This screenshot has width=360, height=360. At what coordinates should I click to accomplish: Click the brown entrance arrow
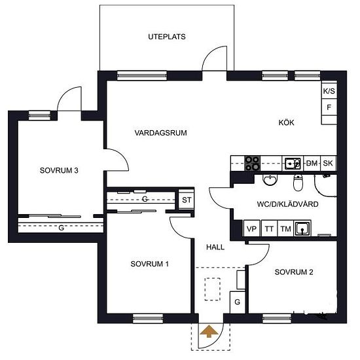pyautogui.click(x=209, y=331)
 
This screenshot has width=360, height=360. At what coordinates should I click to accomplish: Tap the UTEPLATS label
pyautogui.click(x=167, y=37)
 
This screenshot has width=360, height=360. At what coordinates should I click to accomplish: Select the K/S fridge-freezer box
pyautogui.click(x=329, y=91)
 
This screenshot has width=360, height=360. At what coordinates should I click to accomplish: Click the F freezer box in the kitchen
pyautogui.click(x=329, y=107)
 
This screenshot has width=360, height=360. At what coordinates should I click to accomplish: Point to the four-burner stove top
pyautogui.click(x=252, y=163)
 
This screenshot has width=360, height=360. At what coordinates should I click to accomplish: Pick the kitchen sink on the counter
pyautogui.click(x=293, y=164)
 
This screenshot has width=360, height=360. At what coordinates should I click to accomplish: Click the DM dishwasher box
pyautogui.click(x=312, y=163)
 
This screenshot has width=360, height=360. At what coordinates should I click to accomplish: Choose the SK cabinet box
pyautogui.click(x=328, y=163)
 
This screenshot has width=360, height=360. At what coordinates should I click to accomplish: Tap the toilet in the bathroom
pyautogui.click(x=298, y=183)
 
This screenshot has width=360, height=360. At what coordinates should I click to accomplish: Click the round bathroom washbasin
pyautogui.click(x=270, y=180)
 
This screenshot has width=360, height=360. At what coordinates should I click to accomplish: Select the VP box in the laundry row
pyautogui.click(x=251, y=228)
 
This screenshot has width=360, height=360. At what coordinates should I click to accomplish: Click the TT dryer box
pyautogui.click(x=269, y=228)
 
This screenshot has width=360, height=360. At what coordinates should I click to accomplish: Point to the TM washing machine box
pyautogui.click(x=285, y=228)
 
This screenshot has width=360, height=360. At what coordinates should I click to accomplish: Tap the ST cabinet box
pyautogui.click(x=186, y=200)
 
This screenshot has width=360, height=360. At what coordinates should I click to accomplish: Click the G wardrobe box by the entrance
pyautogui.click(x=238, y=302)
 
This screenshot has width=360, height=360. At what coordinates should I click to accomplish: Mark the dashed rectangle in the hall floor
pyautogui.click(x=212, y=289)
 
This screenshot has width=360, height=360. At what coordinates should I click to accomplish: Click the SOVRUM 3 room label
pyautogui.click(x=59, y=170)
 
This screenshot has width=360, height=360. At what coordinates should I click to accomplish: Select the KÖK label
pyautogui.click(x=286, y=122)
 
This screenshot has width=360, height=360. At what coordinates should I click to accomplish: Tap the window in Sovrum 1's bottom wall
pyautogui.click(x=148, y=319)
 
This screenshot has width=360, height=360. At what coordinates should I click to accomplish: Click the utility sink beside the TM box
pyautogui.click(x=302, y=228)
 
